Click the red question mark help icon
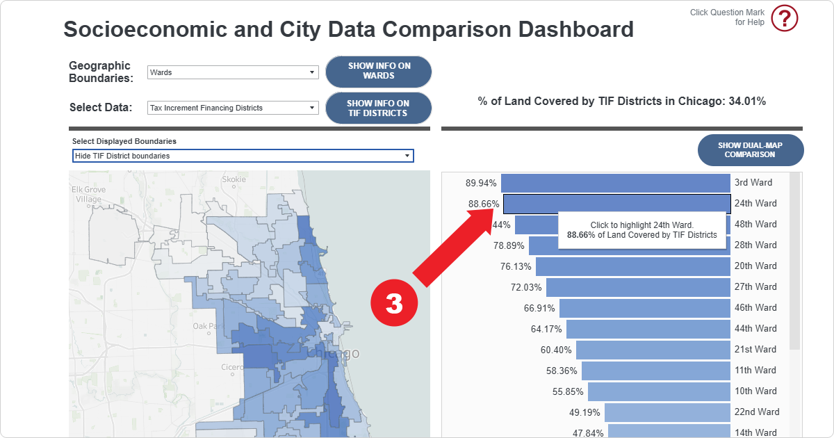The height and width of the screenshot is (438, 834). click(x=785, y=18)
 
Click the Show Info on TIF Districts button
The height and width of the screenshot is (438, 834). click(x=379, y=108)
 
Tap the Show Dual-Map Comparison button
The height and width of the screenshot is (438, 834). click(x=750, y=150)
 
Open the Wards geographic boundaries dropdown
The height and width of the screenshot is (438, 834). click(x=233, y=72)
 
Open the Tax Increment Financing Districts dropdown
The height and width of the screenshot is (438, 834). click(x=233, y=108)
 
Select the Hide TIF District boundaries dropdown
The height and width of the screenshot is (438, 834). click(x=243, y=156)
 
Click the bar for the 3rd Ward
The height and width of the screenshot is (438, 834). click(x=615, y=183)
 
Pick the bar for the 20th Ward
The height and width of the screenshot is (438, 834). click(x=632, y=266)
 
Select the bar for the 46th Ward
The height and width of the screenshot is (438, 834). click(x=644, y=308)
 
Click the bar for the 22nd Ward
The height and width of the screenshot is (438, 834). click(x=667, y=412)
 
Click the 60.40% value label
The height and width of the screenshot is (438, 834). click(x=556, y=350)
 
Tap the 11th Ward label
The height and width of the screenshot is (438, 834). click(x=755, y=371)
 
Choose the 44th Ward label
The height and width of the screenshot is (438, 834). click(x=755, y=329)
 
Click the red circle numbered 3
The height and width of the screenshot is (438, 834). click(x=394, y=302)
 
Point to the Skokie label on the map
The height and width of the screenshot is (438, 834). click(x=234, y=179)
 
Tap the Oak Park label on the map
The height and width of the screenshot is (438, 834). click(x=205, y=325)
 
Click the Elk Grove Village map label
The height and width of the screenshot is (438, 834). click(x=88, y=194)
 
